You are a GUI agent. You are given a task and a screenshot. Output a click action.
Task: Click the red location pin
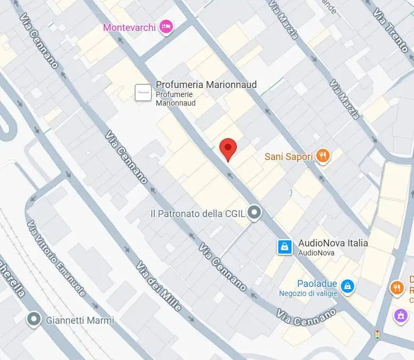[228, 148]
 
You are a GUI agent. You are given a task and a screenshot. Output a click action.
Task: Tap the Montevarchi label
[129, 27]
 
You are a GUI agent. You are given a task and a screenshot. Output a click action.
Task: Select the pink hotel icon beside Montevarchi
[166, 26]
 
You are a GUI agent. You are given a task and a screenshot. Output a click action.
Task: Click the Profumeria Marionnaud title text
[206, 85]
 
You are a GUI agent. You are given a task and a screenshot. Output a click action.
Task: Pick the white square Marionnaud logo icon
[142, 92]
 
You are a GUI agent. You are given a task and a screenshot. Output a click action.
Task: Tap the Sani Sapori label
[289, 157]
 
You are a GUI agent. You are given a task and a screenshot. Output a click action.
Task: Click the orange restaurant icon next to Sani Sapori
[323, 156]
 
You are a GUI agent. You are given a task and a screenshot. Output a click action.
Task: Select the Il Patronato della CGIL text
[197, 214]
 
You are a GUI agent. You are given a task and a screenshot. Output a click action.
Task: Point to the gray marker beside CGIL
[255, 213]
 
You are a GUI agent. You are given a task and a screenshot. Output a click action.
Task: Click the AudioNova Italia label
[333, 243]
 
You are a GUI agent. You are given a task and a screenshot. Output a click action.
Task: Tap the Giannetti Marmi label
[80, 321]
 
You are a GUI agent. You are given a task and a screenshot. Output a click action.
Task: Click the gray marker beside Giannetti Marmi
[35, 319]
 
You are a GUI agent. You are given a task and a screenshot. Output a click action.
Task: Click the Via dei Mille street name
[158, 286]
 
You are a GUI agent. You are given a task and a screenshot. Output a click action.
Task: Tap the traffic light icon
[378, 334]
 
